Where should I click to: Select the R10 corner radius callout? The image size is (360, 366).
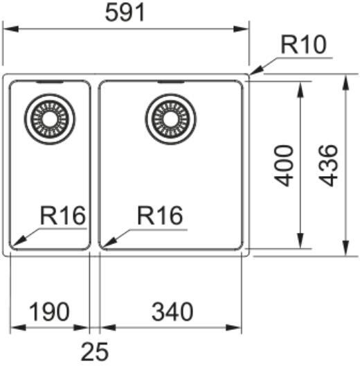303,46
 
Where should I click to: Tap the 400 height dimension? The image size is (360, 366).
285,165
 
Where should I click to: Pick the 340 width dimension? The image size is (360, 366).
170,312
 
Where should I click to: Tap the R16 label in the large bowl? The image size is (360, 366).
161,216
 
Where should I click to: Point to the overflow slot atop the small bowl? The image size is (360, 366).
47,81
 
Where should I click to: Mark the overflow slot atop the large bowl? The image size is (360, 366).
170,81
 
